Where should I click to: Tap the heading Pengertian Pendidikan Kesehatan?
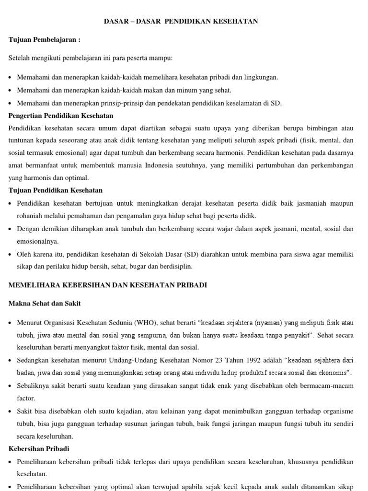(61, 116)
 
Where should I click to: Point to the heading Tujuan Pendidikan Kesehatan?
(56, 190)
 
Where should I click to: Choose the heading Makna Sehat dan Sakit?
(45, 303)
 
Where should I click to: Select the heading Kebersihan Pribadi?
(39, 449)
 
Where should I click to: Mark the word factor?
(26, 398)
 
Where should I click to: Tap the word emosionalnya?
(37, 241)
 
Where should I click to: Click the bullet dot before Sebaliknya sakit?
(11, 386)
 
